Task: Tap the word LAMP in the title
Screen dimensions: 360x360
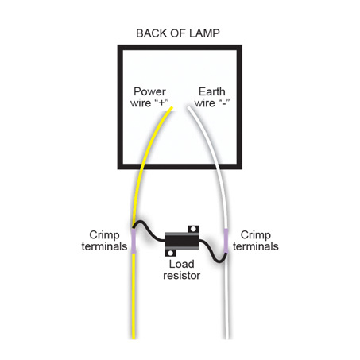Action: (x=204, y=33)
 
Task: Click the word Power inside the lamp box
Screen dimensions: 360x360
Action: (x=149, y=91)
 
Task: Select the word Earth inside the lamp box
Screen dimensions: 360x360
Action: (x=212, y=91)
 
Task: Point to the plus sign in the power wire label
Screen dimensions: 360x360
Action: (x=162, y=103)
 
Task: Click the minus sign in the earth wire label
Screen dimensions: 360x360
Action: (x=224, y=103)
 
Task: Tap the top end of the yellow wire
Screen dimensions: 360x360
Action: (x=172, y=107)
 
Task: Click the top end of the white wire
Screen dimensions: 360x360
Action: (x=188, y=108)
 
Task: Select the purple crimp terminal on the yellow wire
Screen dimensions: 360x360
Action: (x=134, y=241)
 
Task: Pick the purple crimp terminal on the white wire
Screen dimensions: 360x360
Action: (x=226, y=241)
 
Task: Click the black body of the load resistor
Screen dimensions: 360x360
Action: (x=182, y=241)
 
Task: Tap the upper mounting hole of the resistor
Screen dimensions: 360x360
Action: (x=193, y=229)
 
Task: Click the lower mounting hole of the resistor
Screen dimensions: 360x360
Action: (x=170, y=253)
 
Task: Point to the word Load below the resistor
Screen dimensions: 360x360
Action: (x=182, y=264)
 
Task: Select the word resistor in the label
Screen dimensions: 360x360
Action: (x=182, y=276)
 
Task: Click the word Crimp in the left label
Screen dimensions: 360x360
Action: (x=104, y=235)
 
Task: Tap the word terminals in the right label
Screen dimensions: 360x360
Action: (x=256, y=246)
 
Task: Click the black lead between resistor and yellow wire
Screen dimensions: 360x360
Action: (x=149, y=232)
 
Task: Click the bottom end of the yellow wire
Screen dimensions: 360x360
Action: (x=134, y=338)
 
